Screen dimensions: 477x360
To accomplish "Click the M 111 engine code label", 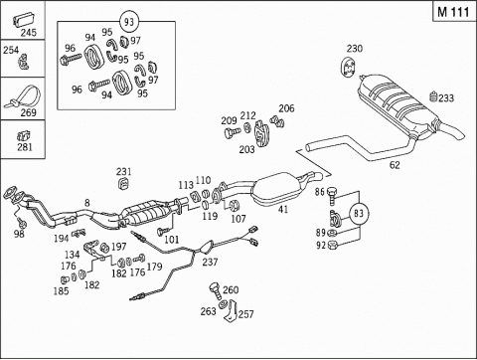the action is [453, 12].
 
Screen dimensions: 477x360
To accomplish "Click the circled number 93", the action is [129, 22].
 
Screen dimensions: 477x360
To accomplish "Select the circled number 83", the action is [359, 213].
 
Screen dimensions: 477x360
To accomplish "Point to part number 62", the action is [395, 165].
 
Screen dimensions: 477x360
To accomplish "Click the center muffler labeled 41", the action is [278, 188].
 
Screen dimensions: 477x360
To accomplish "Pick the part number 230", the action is [355, 49].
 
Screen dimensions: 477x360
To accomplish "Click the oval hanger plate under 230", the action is [348, 68].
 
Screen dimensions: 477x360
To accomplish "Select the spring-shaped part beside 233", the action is [433, 97].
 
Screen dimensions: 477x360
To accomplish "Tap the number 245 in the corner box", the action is [29, 33].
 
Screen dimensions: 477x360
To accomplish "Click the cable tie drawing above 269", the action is [23, 96].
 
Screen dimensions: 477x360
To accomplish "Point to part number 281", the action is [25, 147].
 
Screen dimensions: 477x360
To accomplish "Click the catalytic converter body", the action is [145, 213].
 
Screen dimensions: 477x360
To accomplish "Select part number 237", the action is [210, 262].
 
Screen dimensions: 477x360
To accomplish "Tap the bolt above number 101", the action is [164, 230].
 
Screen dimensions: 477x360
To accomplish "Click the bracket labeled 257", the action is [233, 310].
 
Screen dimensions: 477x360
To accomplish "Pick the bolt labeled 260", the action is [215, 290].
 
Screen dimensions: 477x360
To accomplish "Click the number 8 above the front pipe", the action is [86, 203].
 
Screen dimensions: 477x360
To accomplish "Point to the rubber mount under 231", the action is [123, 183].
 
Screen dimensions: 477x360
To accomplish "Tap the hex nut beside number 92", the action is [332, 246].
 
